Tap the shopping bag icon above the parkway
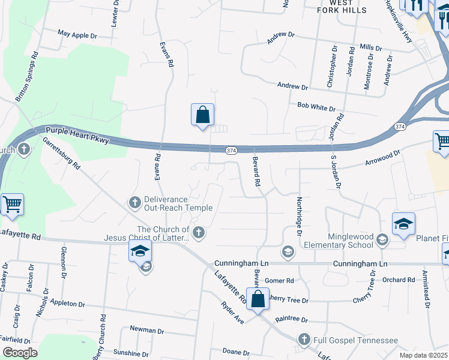[203, 114]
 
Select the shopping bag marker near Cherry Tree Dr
[258, 300]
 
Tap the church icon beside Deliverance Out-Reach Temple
[135, 202]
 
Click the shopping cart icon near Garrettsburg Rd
[13, 205]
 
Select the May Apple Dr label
[77, 35]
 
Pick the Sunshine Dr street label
[130, 353]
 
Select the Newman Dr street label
[147, 331]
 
